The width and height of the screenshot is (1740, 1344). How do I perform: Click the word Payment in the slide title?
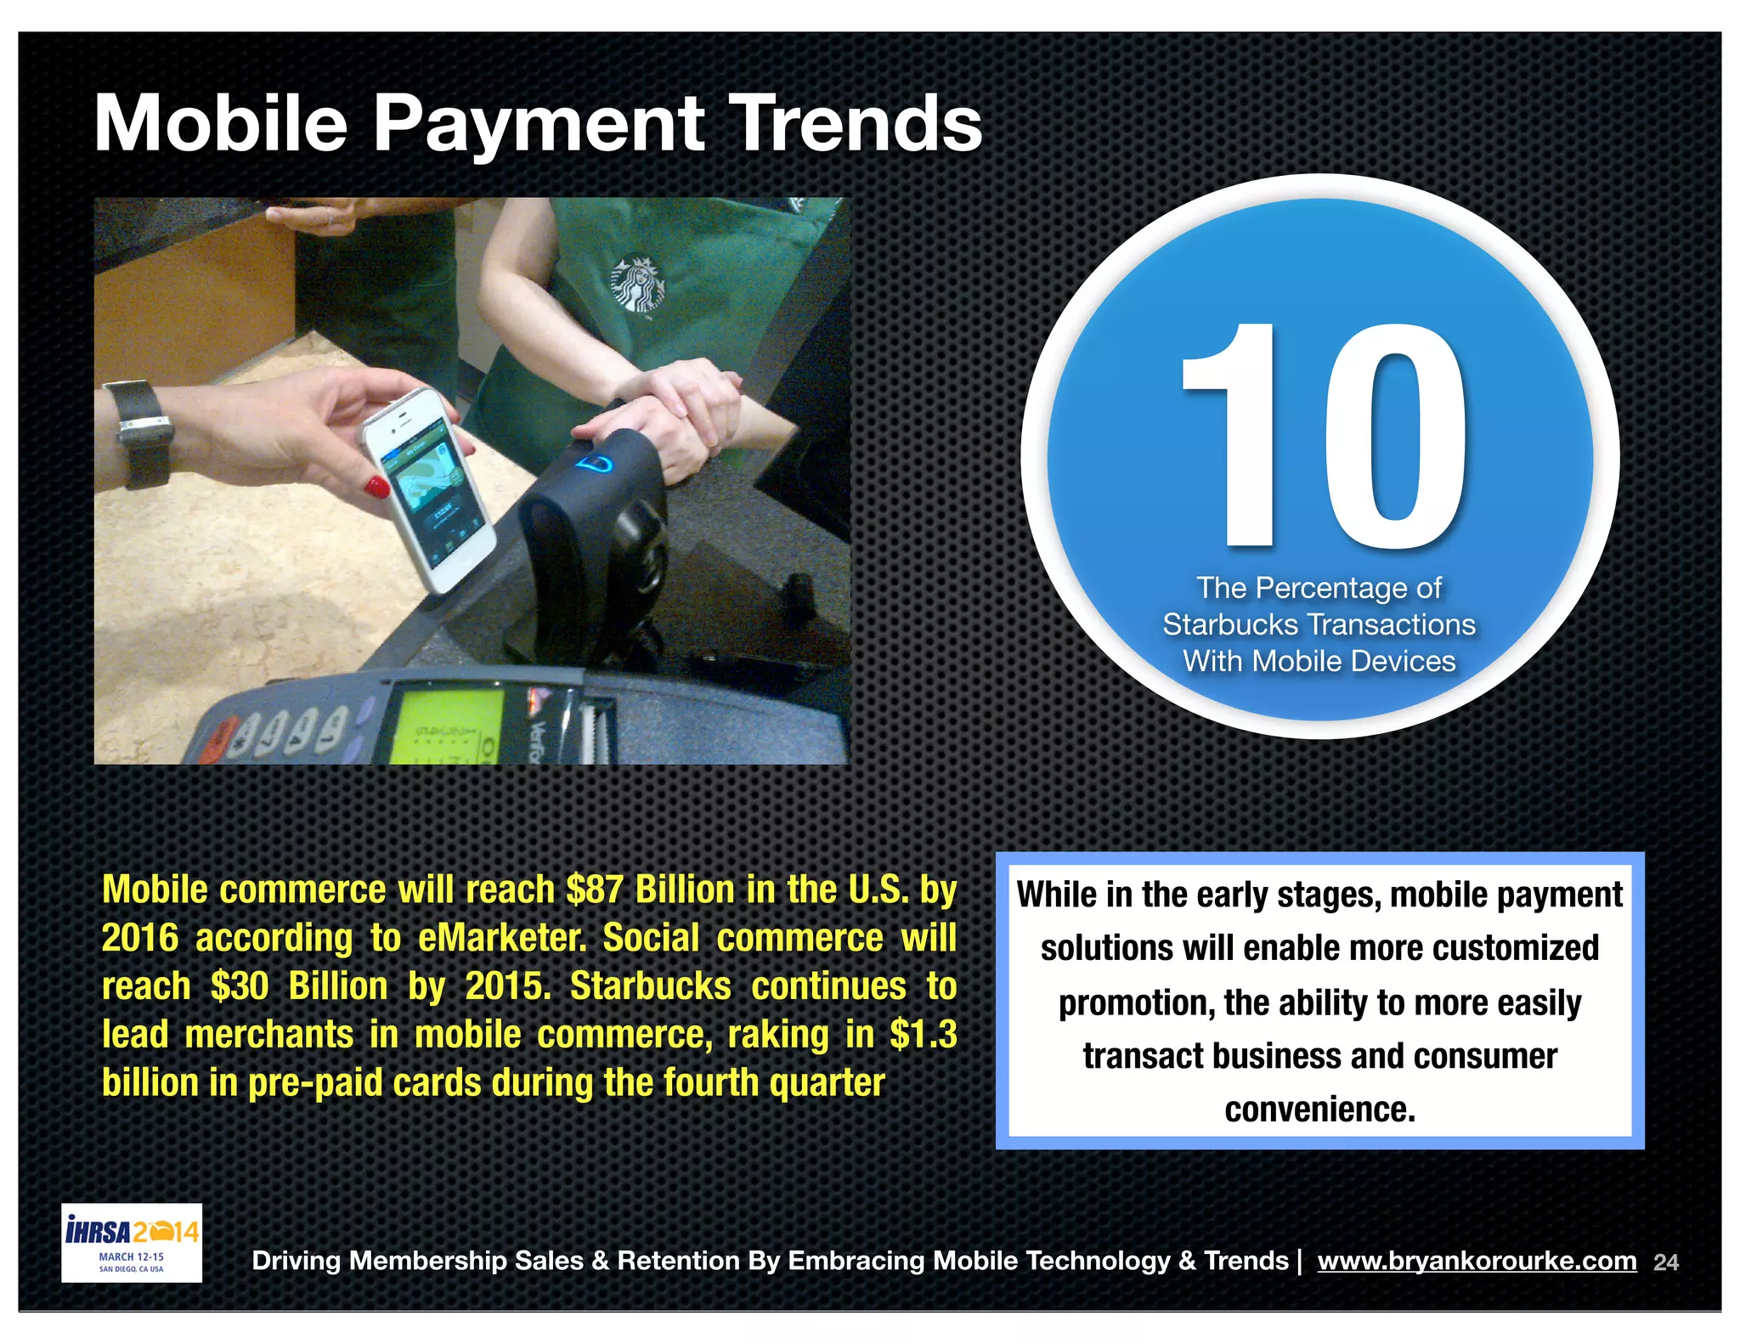point(538,124)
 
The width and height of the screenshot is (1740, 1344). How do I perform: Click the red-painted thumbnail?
point(377,487)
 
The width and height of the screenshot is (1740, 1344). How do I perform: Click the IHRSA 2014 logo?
point(132,1241)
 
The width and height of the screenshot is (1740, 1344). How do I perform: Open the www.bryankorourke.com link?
point(1477,1261)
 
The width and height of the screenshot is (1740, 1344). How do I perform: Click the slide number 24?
point(1666,1262)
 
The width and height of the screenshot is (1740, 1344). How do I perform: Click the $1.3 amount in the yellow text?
point(924,1034)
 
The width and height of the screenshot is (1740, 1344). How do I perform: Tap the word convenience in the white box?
point(1319,1110)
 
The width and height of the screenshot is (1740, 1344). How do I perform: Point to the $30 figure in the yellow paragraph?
point(240,986)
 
